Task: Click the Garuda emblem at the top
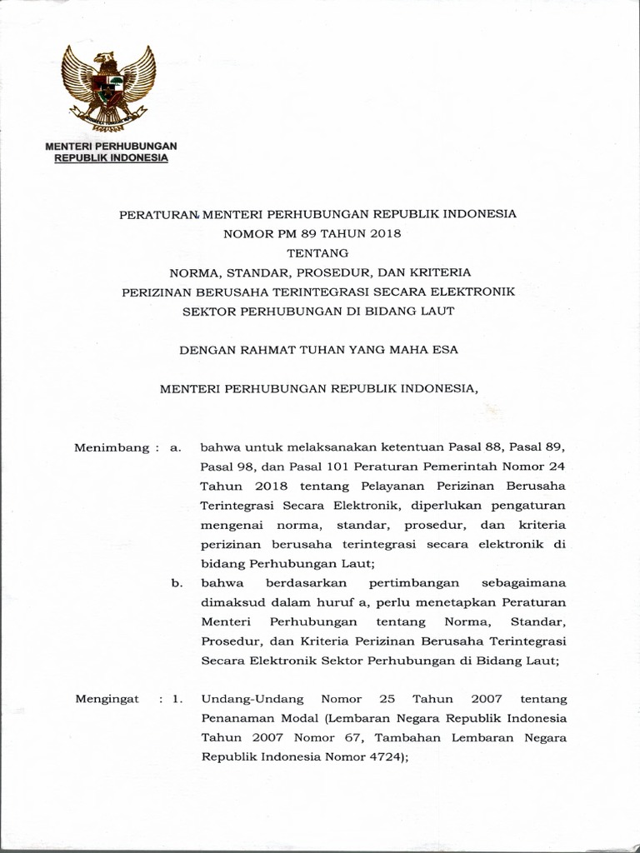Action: coord(109,87)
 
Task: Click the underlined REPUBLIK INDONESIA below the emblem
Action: coord(111,157)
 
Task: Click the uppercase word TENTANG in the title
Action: coord(317,252)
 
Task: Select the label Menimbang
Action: coord(107,447)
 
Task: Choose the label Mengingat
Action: coord(107,698)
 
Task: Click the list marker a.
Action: coord(175,447)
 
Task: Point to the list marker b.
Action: coord(177,583)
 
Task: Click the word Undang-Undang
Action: coord(243,698)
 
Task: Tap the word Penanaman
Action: coord(236,718)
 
